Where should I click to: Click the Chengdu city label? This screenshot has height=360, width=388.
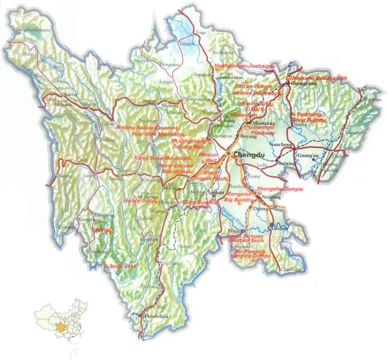[243, 155]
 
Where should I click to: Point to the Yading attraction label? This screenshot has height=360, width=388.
[101, 231]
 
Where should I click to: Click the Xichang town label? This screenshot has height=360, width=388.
[172, 264]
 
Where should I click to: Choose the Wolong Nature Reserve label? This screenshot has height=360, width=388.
[153, 128]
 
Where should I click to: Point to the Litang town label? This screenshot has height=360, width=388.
[89, 176]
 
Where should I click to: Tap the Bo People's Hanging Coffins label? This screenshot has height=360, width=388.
[253, 254]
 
